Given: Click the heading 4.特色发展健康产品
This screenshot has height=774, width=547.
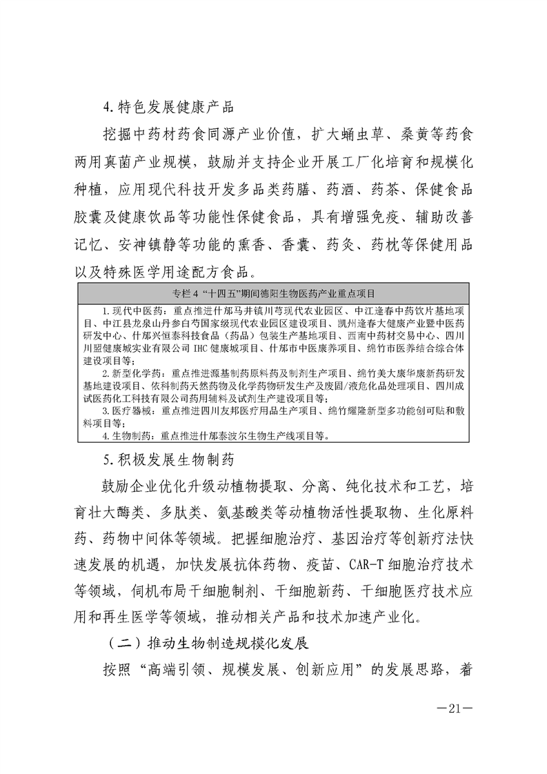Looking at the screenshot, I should (x=168, y=107).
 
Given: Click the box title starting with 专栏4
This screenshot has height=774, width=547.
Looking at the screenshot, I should (x=274, y=292).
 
